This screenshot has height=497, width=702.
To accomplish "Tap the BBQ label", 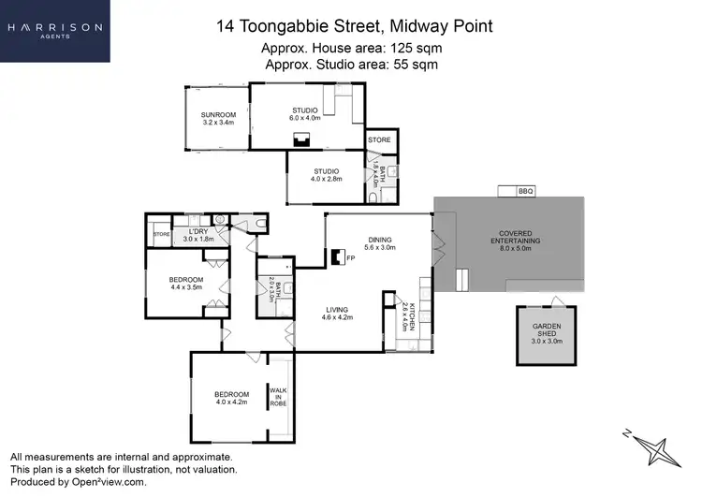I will (x=525, y=191).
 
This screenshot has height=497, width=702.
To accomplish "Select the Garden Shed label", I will (x=547, y=333).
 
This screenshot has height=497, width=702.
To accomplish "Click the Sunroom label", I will (x=216, y=117).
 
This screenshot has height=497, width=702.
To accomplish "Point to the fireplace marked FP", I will (x=337, y=256).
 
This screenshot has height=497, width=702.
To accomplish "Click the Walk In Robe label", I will (x=278, y=396).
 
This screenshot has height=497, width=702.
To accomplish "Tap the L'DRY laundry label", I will (x=197, y=235).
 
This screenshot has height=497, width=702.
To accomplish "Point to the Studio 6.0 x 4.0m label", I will (x=304, y=114).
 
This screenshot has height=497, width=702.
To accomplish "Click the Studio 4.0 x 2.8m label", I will (x=326, y=174).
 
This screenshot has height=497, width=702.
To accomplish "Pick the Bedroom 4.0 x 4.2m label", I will (x=231, y=398).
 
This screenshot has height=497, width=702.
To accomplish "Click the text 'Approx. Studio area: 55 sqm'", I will (x=352, y=65).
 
